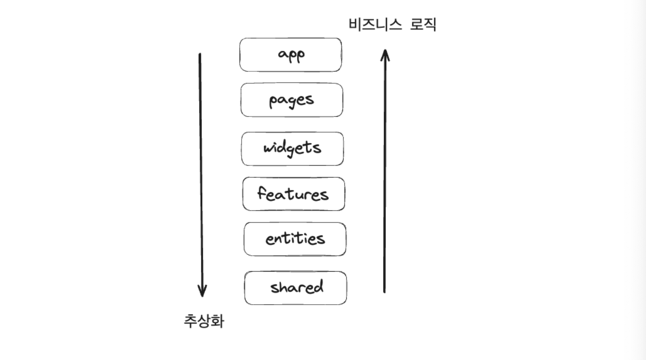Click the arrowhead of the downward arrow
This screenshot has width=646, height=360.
(202, 292)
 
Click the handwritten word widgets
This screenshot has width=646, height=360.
(292, 148)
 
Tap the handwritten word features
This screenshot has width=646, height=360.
(293, 193)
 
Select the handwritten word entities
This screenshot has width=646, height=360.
(295, 239)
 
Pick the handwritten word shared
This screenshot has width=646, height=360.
(296, 287)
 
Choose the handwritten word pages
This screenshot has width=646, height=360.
(291, 100)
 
